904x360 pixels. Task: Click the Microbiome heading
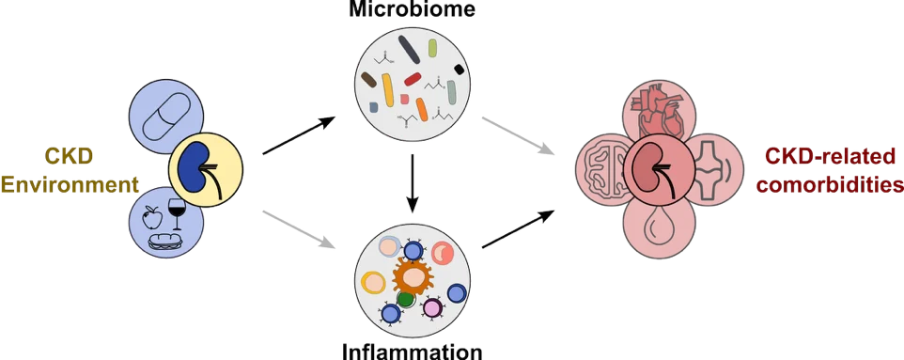click(413, 8)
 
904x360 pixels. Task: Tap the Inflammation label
click(413, 351)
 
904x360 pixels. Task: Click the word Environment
click(70, 185)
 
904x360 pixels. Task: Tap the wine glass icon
click(179, 214)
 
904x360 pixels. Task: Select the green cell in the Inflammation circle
click(406, 300)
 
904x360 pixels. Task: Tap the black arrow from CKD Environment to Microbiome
click(299, 135)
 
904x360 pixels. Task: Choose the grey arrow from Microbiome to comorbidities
click(518, 136)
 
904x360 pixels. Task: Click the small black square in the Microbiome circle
click(460, 70)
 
